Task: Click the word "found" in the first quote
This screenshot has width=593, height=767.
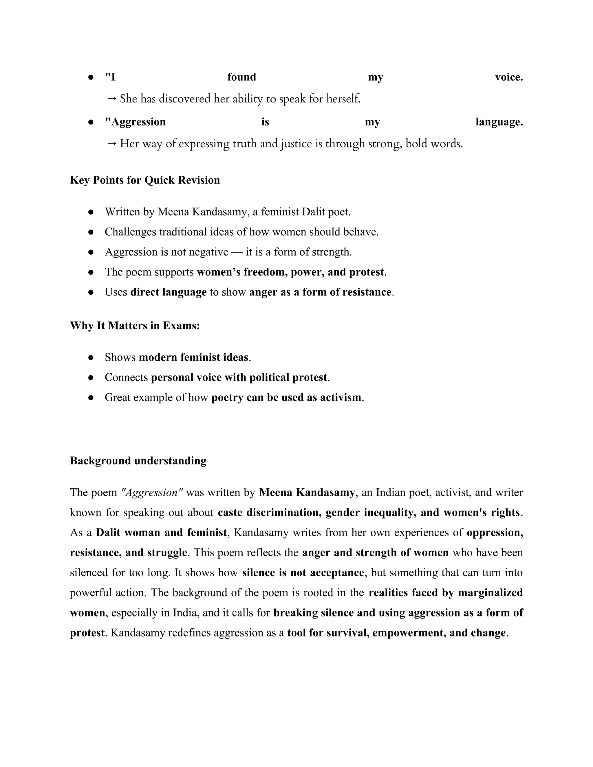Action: (241, 77)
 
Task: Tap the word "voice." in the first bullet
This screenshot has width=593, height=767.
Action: (509, 77)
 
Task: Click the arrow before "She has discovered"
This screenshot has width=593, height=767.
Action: (112, 99)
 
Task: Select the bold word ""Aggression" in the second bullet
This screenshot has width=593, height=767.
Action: (135, 122)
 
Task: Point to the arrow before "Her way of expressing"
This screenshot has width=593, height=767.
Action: (112, 144)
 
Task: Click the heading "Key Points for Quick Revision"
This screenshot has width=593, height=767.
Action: (145, 180)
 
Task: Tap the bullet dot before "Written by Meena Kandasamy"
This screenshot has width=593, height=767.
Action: (91, 212)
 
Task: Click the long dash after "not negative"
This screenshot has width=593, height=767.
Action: (237, 252)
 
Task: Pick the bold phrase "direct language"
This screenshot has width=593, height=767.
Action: (168, 292)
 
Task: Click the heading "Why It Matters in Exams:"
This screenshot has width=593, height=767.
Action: (135, 326)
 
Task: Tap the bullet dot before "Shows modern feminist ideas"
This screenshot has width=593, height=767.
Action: (91, 357)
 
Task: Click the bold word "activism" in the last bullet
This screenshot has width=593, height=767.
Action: (340, 398)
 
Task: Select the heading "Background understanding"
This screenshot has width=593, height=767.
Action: (138, 461)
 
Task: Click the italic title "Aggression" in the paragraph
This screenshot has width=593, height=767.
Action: (151, 493)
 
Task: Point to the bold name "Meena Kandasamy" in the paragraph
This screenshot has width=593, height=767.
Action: (307, 493)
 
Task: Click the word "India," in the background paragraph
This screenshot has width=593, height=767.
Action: (186, 613)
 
